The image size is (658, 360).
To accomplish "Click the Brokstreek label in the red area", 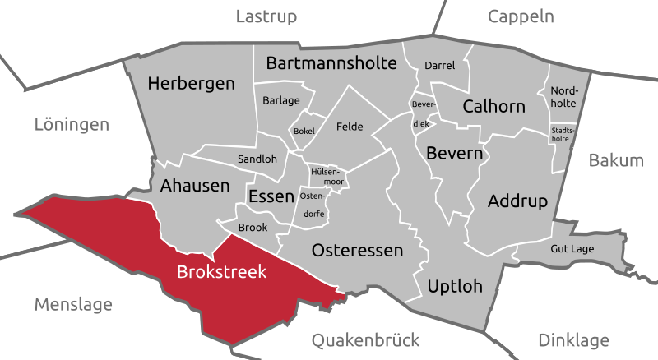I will point(222,271).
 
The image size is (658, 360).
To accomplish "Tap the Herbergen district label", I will point(191,84).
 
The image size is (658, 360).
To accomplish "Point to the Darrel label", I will point(439,66).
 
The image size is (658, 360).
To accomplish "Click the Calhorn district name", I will point(493,107).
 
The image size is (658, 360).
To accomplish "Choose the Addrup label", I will point(517,201).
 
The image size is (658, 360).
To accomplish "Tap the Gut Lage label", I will point(572,247).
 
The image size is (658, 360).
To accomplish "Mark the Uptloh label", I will point(455,286).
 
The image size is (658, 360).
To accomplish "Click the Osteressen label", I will point(357,251).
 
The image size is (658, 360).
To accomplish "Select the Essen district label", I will point(270,196).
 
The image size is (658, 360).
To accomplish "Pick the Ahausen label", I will point(195,186).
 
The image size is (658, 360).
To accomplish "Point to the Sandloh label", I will point(257,159).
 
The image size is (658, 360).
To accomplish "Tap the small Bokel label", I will point(304,132).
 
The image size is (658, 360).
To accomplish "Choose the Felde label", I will point(350,127).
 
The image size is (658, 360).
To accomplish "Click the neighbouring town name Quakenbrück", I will point(366,340).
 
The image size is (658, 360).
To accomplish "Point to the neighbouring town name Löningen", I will point(72,126).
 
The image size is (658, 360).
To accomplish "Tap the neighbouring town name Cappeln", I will point(521,16).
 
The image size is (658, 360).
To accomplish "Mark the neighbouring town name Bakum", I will point(616,161).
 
